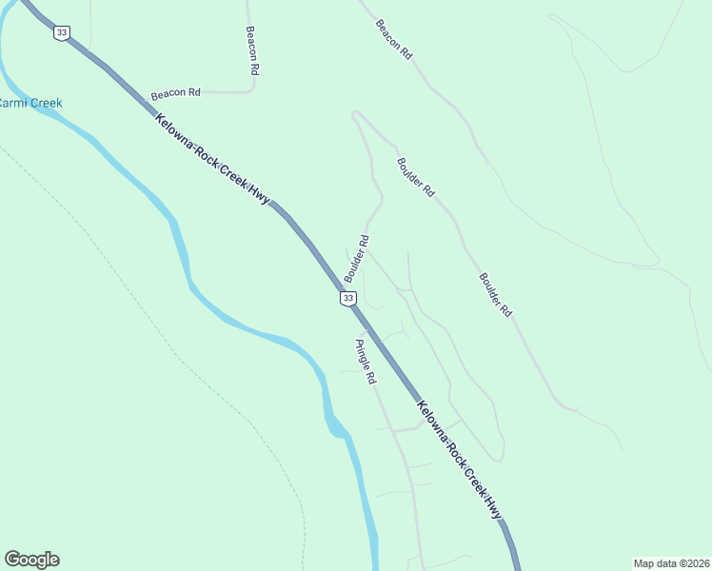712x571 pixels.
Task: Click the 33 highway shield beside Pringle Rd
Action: pyautogui.click(x=348, y=299)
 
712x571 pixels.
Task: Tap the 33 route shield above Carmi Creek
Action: pyautogui.click(x=62, y=32)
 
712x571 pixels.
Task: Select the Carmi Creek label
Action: pyautogui.click(x=29, y=103)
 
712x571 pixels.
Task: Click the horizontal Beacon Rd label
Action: pyautogui.click(x=175, y=93)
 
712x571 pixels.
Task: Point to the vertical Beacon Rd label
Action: pyautogui.click(x=252, y=50)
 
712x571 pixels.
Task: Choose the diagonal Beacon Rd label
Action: pyautogui.click(x=393, y=40)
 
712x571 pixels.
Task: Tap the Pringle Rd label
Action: pyautogui.click(x=366, y=362)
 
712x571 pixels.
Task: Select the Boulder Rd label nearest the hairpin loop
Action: pyautogui.click(x=416, y=177)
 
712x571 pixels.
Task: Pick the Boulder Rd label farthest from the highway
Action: pyautogui.click(x=496, y=295)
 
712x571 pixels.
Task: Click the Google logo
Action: pyautogui.click(x=31, y=560)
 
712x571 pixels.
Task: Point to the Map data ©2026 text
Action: pyautogui.click(x=671, y=562)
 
